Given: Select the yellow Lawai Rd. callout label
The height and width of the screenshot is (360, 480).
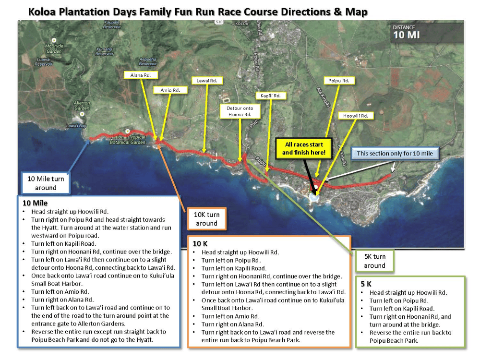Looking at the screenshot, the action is point(207,81).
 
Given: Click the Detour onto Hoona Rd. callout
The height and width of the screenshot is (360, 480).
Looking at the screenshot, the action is point(240,111).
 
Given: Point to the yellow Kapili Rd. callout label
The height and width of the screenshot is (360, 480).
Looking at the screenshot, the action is point(270,96).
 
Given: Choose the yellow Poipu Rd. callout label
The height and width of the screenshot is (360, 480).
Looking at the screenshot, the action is point(339,81).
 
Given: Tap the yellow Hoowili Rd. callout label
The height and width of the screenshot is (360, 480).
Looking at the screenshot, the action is point(355,116).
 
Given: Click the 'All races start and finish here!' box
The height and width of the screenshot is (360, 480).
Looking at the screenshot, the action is point(303,148).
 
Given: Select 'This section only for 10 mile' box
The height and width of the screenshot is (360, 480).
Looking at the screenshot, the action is point(395,154).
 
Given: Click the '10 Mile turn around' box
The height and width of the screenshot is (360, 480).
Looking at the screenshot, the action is point(46,183).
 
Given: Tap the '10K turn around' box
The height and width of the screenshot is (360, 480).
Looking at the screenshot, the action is point(206,219).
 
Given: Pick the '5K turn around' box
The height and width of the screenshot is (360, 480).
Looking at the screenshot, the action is point(374,261).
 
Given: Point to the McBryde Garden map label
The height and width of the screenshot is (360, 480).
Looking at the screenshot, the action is point(54,48).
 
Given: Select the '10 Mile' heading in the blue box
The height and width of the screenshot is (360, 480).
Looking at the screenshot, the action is point(35,203).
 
